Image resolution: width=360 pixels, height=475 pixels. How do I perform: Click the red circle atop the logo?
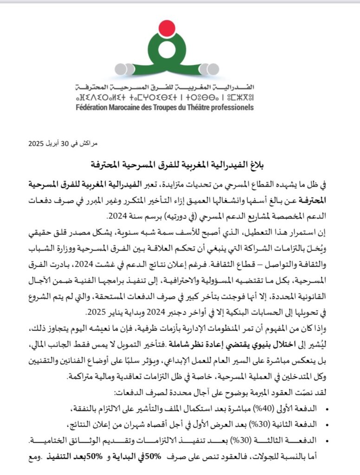coord(167,29)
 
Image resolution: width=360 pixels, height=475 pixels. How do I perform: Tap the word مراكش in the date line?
coord(89,144)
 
